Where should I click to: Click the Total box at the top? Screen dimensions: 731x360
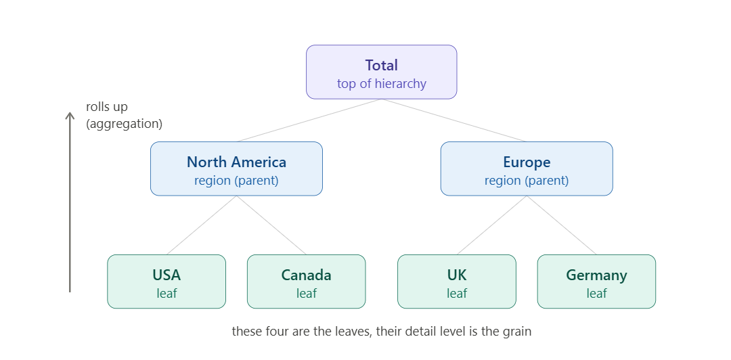(x=381, y=72)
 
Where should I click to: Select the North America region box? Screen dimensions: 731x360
(x=236, y=168)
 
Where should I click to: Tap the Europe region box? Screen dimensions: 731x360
(x=527, y=168)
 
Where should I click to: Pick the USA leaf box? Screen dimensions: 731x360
(x=167, y=282)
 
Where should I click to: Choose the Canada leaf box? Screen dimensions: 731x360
(x=307, y=282)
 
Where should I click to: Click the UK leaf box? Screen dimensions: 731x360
(x=457, y=282)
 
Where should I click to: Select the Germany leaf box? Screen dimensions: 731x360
(x=597, y=282)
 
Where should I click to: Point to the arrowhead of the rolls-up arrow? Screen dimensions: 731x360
(x=70, y=113)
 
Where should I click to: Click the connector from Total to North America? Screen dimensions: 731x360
(x=309, y=120)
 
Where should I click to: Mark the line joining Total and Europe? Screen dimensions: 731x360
(x=454, y=120)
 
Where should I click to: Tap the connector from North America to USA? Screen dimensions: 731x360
(x=202, y=225)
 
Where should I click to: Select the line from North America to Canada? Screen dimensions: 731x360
(x=271, y=225)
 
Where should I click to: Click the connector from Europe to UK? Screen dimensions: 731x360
(x=492, y=225)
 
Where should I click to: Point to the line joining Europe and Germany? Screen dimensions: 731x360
(x=562, y=225)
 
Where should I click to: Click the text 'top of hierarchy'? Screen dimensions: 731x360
(x=381, y=83)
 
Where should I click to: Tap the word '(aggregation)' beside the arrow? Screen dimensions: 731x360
(x=124, y=124)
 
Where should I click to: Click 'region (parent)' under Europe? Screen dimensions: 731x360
(x=527, y=181)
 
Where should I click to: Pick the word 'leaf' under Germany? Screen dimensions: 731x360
(x=597, y=293)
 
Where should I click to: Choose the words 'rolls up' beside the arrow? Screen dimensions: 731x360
(x=107, y=107)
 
